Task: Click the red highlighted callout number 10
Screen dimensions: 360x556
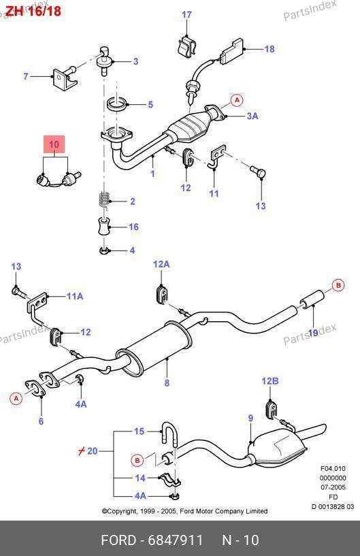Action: pyautogui.click(x=54, y=144)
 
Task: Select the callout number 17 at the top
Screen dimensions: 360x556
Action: pyautogui.click(x=186, y=15)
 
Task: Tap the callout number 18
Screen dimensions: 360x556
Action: pyautogui.click(x=269, y=49)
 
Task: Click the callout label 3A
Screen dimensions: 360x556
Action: pyautogui.click(x=252, y=116)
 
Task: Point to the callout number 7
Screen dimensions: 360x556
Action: pyautogui.click(x=26, y=76)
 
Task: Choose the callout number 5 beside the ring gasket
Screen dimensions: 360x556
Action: pyautogui.click(x=150, y=105)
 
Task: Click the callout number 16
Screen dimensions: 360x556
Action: pyautogui.click(x=133, y=227)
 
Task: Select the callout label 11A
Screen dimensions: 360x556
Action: pyautogui.click(x=75, y=296)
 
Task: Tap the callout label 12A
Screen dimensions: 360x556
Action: pyautogui.click(x=161, y=264)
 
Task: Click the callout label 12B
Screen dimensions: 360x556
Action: pyautogui.click(x=270, y=381)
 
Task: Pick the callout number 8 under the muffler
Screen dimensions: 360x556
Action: pyautogui.click(x=167, y=383)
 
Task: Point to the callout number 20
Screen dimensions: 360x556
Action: pyautogui.click(x=93, y=451)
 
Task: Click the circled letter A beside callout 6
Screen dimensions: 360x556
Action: pyautogui.click(x=16, y=399)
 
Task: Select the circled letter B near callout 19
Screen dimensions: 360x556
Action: pyautogui.click(x=338, y=285)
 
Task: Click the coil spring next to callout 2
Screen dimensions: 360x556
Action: pyautogui.click(x=103, y=200)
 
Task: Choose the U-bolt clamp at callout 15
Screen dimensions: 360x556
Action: pyautogui.click(x=169, y=433)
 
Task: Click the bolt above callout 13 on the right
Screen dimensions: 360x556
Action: pyautogui.click(x=259, y=171)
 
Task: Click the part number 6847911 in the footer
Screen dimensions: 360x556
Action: pyautogui.click(x=175, y=540)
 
